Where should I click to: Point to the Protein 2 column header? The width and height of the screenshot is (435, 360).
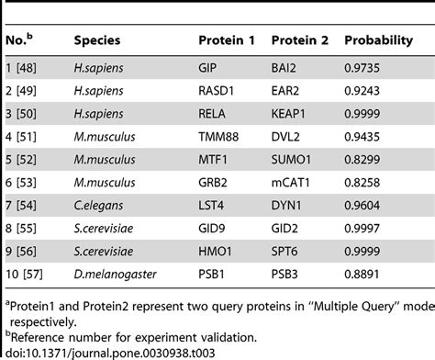300,40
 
